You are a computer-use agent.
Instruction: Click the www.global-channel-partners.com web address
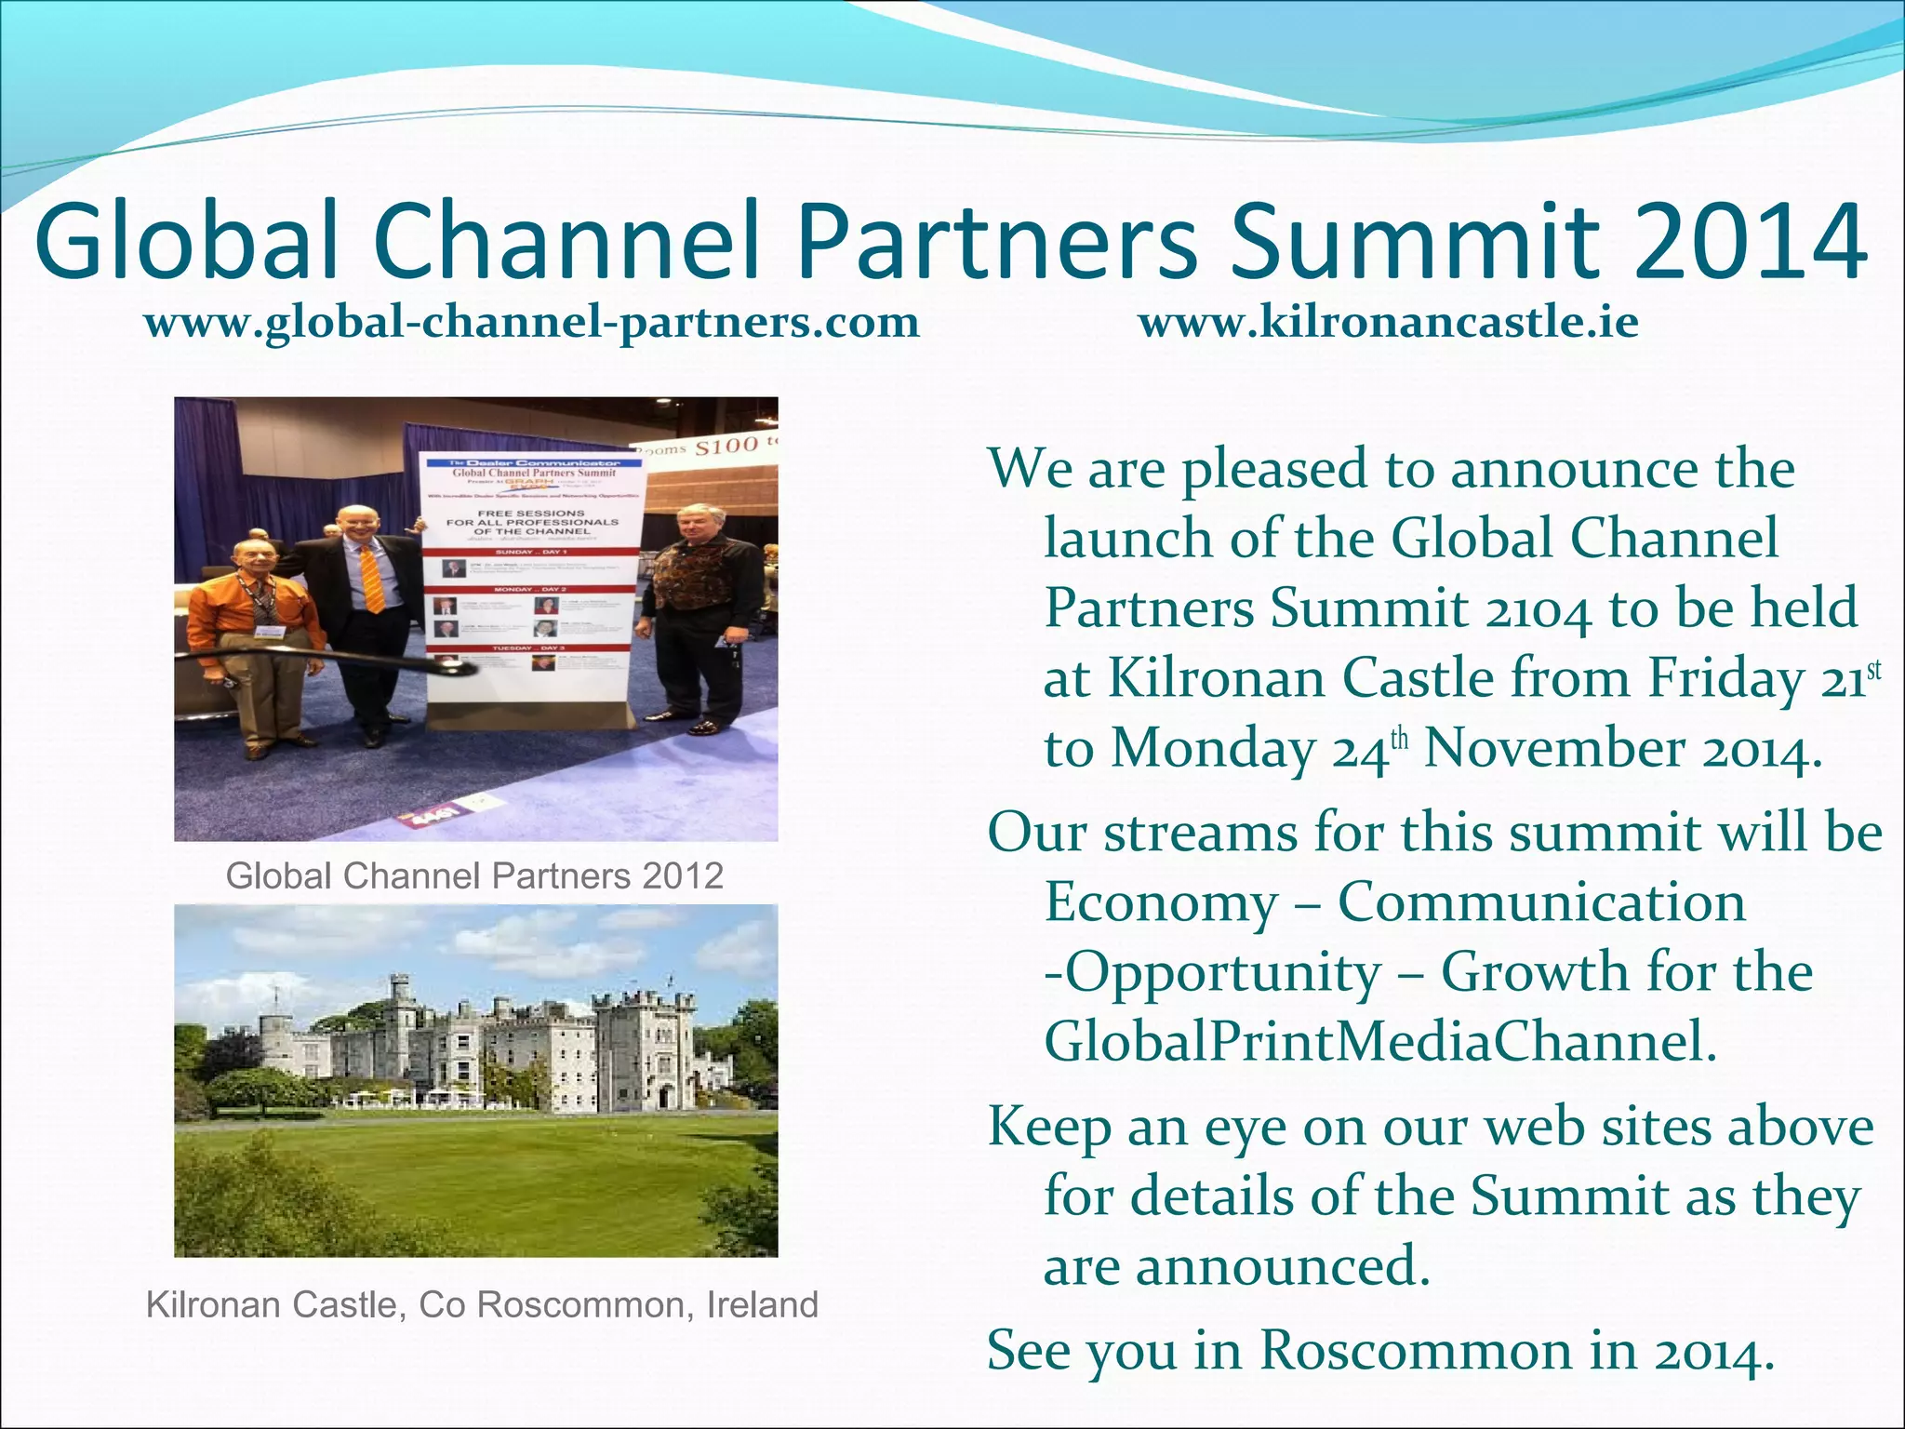531,323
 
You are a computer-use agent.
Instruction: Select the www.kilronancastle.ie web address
1388,323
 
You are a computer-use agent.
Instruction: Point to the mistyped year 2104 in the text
1538,610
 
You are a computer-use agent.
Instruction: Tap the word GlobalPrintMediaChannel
1379,1041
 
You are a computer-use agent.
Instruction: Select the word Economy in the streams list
1161,902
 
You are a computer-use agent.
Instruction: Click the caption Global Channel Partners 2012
474,876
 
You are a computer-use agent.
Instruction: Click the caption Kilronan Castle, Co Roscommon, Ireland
482,1305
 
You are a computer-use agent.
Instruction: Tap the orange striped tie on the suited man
371,578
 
